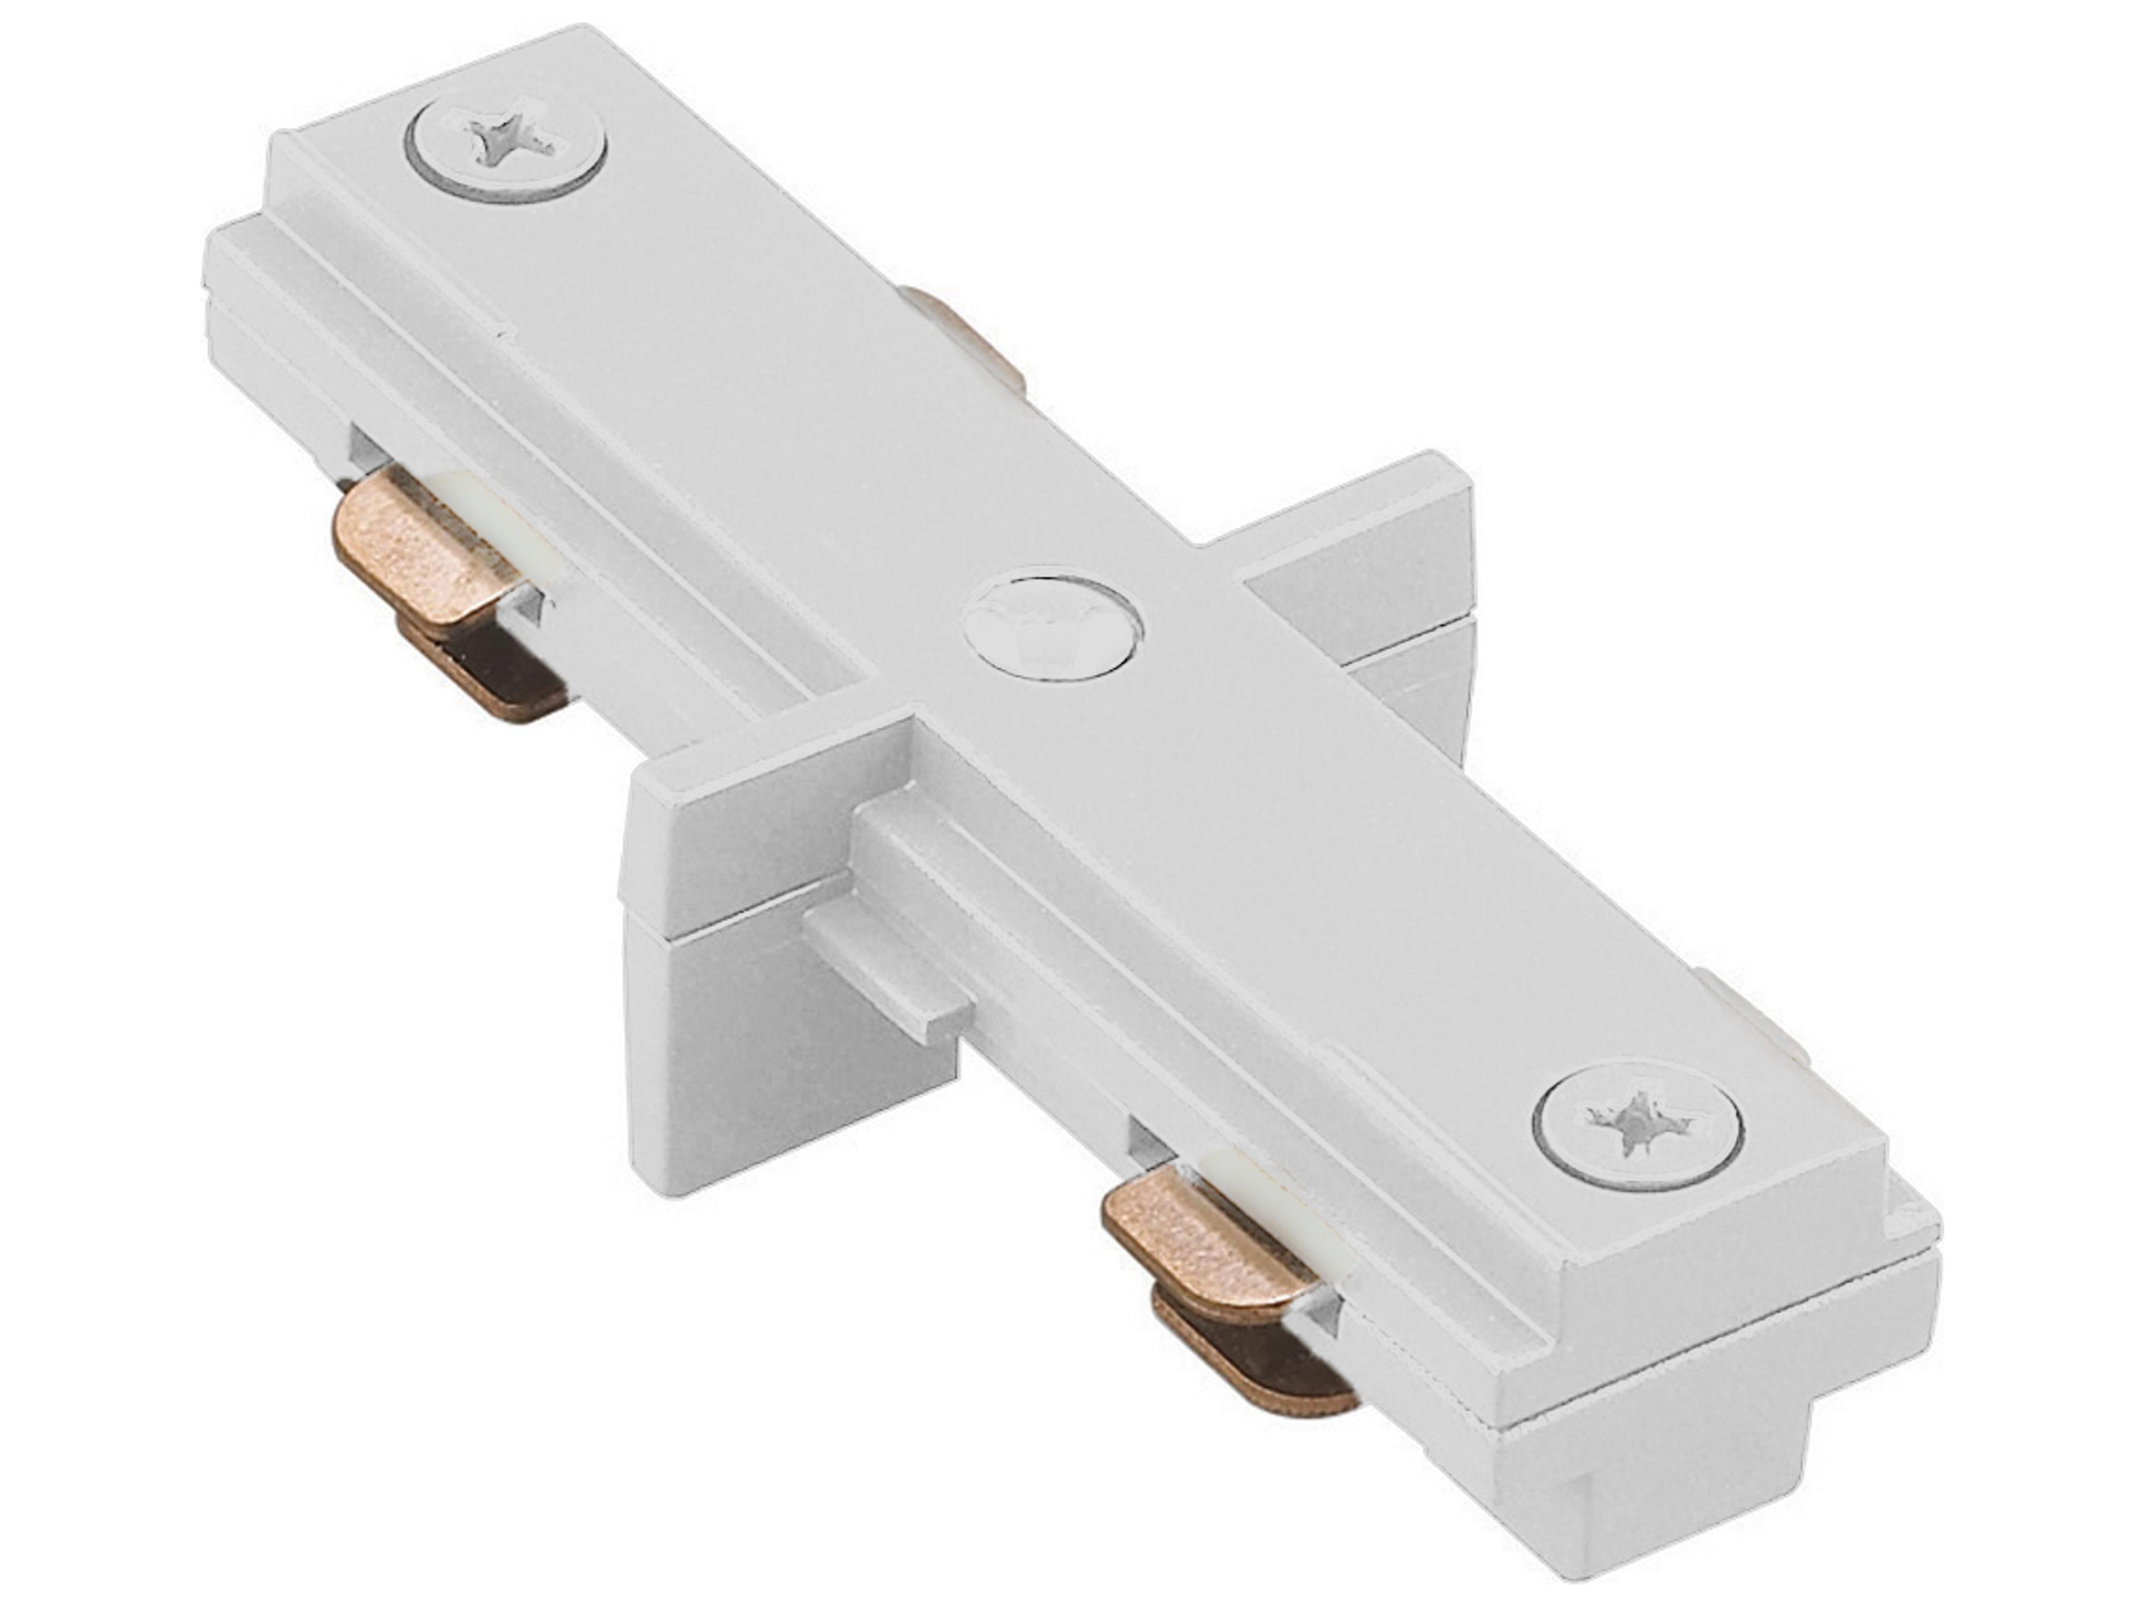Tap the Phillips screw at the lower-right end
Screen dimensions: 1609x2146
pyautogui.click(x=1639, y=1129)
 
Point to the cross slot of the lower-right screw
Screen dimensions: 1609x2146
pyautogui.click(x=1639, y=1129)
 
